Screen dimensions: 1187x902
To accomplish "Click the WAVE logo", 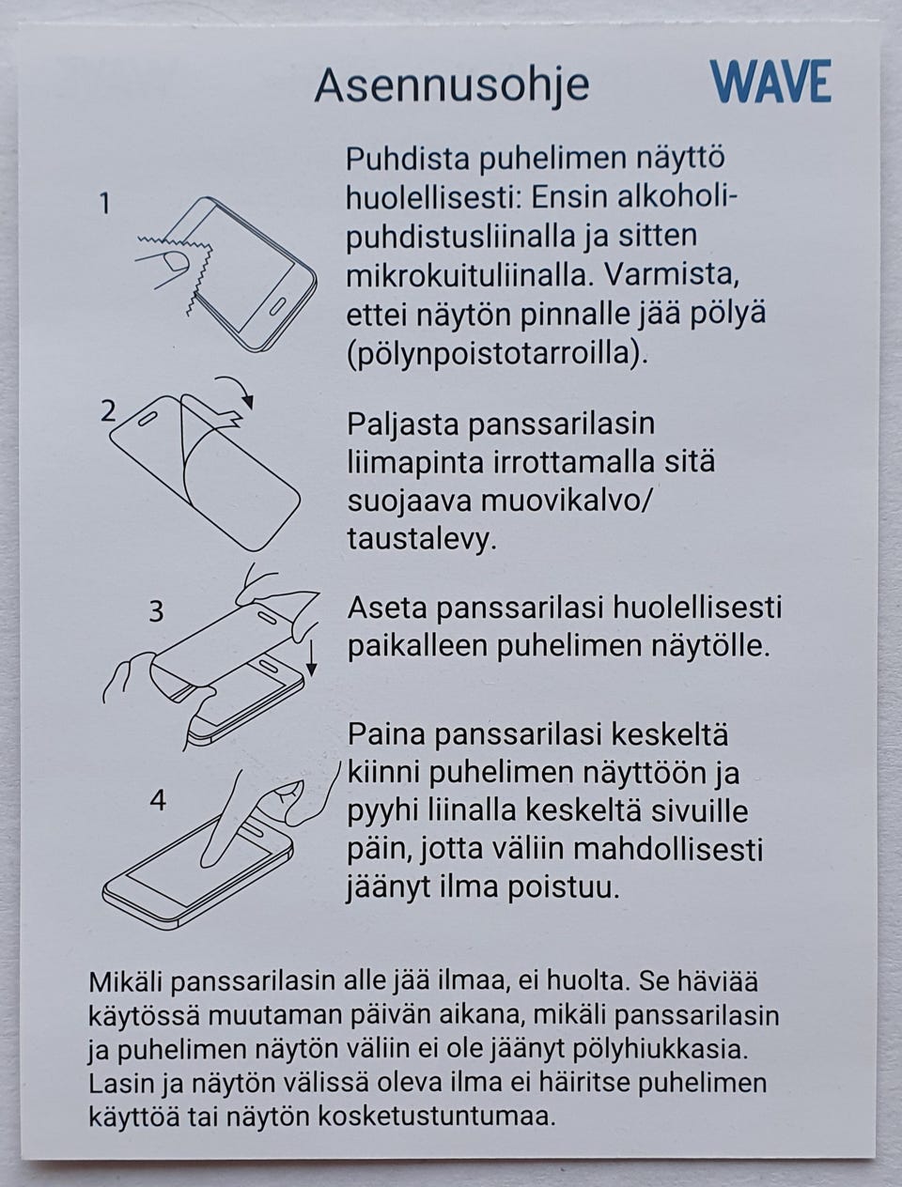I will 770,82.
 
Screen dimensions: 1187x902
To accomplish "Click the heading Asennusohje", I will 451,85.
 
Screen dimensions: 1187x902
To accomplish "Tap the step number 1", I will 106,203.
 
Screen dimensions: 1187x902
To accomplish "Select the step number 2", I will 109,410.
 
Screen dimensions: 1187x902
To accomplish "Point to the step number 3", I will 156,611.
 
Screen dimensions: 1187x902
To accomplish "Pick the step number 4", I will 158,800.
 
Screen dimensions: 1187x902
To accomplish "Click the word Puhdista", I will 408,159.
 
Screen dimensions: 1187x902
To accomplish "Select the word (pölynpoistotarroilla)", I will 497,354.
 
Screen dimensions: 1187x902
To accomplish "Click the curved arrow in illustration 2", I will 237,389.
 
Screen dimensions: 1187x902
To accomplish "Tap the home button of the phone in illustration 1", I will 278,308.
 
